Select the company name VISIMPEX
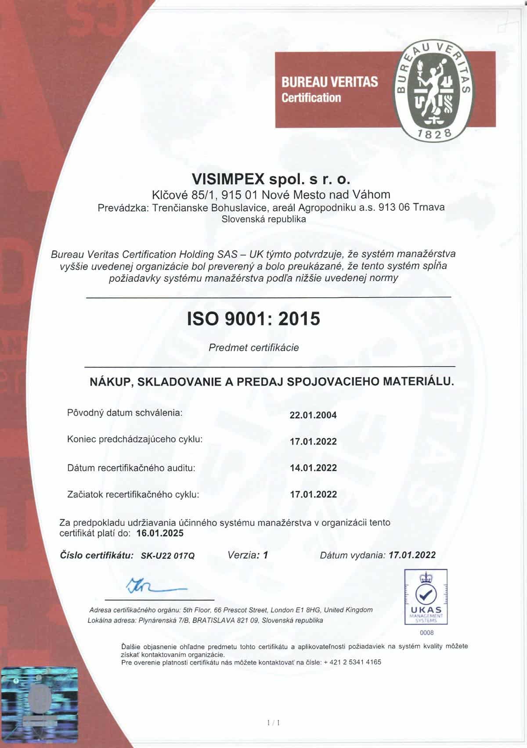(x=228, y=179)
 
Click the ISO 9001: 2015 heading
(x=254, y=319)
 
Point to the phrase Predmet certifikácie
(x=254, y=348)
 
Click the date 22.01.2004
(x=313, y=415)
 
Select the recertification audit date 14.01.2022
(x=313, y=468)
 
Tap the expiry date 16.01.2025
(x=160, y=533)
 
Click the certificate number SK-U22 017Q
(x=167, y=556)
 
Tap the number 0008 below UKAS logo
(x=426, y=633)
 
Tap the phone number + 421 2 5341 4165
(x=353, y=662)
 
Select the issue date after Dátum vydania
(x=412, y=555)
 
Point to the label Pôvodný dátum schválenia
(x=124, y=413)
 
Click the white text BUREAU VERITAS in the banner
(x=329, y=82)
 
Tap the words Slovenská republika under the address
(x=263, y=219)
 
